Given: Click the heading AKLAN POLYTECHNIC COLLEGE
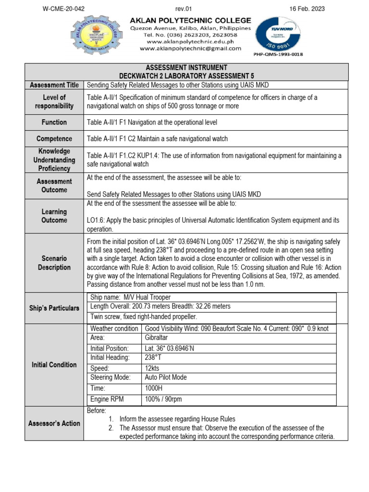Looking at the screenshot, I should coord(191,20).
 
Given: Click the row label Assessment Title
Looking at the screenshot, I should coord(54,85).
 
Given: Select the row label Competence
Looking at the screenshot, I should coord(54,139).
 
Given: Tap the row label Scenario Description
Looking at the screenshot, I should coord(54,263).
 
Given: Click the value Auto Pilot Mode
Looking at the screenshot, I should coord(166,378).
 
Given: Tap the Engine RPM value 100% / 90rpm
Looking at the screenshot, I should coord(163,399).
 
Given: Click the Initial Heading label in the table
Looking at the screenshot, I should coord(110,357).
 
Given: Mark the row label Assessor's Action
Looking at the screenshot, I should coord(54,423).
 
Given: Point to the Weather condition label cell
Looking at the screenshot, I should coord(114,328).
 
